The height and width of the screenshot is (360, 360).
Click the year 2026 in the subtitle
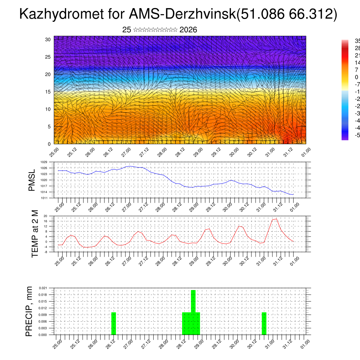(188, 30)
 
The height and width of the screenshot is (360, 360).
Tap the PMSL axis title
(32, 180)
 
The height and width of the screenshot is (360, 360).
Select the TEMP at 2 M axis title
(35, 233)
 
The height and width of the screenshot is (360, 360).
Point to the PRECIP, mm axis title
(29, 311)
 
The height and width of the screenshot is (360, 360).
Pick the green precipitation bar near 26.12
(114, 323)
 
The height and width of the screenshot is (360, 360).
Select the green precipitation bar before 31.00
(264, 323)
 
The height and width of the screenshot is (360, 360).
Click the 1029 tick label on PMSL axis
(44, 162)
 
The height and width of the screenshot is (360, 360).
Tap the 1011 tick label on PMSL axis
(44, 198)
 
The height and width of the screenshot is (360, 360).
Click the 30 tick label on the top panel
(48, 39)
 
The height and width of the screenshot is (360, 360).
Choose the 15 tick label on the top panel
(48, 92)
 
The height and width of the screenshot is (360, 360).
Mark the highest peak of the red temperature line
(276, 219)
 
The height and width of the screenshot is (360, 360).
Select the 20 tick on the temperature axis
(45, 216)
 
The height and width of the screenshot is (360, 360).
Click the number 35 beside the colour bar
(356, 41)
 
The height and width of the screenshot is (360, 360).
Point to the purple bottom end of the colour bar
(345, 138)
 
